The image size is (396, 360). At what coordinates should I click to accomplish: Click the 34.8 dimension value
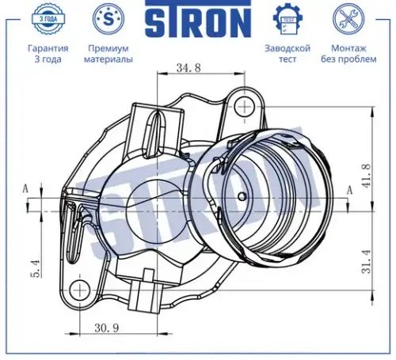[x=188, y=68]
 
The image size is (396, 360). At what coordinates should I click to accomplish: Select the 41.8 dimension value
[x=366, y=176]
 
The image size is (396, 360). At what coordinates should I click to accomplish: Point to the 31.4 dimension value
[x=367, y=261]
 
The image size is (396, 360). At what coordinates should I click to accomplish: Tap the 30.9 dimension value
[x=107, y=328]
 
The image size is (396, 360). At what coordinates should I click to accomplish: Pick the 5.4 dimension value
[x=36, y=269]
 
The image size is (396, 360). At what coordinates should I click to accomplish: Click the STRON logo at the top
[x=198, y=19]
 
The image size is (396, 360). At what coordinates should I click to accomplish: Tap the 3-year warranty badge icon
[x=48, y=19]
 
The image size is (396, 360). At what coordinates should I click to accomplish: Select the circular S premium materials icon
[x=109, y=19]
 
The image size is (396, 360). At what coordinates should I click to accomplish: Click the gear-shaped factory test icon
[x=287, y=19]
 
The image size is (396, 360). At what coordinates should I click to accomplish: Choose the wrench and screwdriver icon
[x=348, y=19]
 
